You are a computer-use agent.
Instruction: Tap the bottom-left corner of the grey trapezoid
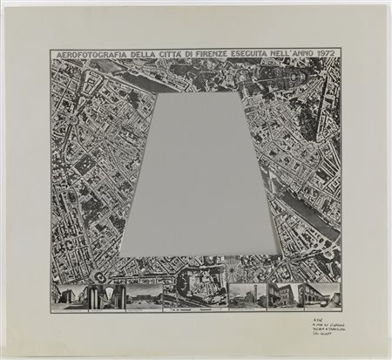coord(119,255)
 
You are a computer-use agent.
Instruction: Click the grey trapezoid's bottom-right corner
coord(280,254)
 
